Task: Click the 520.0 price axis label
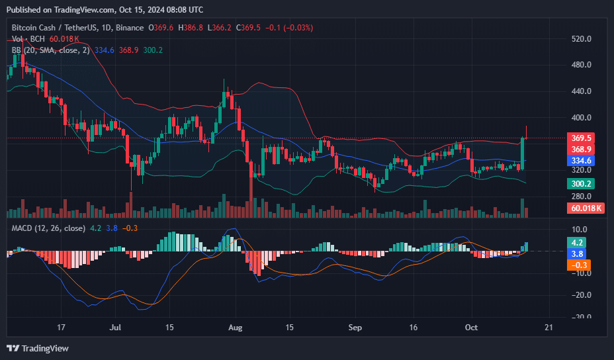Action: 581,39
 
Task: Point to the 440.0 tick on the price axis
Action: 581,91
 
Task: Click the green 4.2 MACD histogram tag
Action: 578,243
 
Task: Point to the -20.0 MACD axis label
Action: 580,295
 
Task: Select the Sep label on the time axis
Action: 356,328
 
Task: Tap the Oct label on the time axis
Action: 471,328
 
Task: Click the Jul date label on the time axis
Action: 116,328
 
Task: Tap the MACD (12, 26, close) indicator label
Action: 48,228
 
